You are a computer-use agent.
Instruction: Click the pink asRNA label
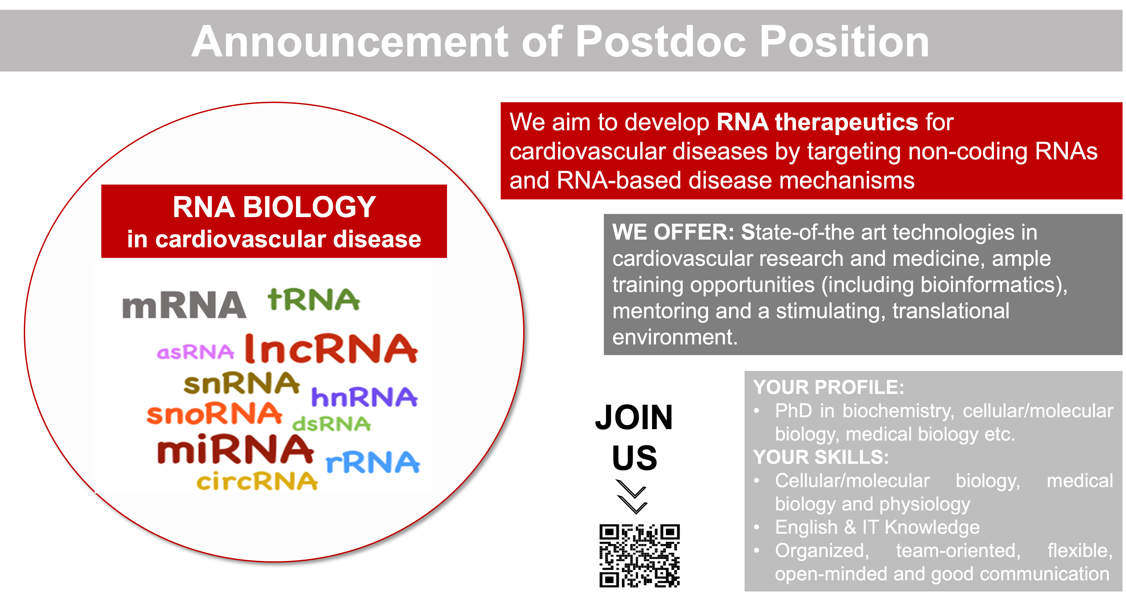[195, 352]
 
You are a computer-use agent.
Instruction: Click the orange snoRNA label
[214, 414]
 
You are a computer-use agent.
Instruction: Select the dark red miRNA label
[235, 449]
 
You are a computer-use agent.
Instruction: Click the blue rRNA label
[373, 462]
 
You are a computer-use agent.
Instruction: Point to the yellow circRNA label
[257, 481]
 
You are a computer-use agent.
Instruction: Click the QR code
[640, 555]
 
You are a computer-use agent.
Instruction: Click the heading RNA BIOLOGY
[274, 207]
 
